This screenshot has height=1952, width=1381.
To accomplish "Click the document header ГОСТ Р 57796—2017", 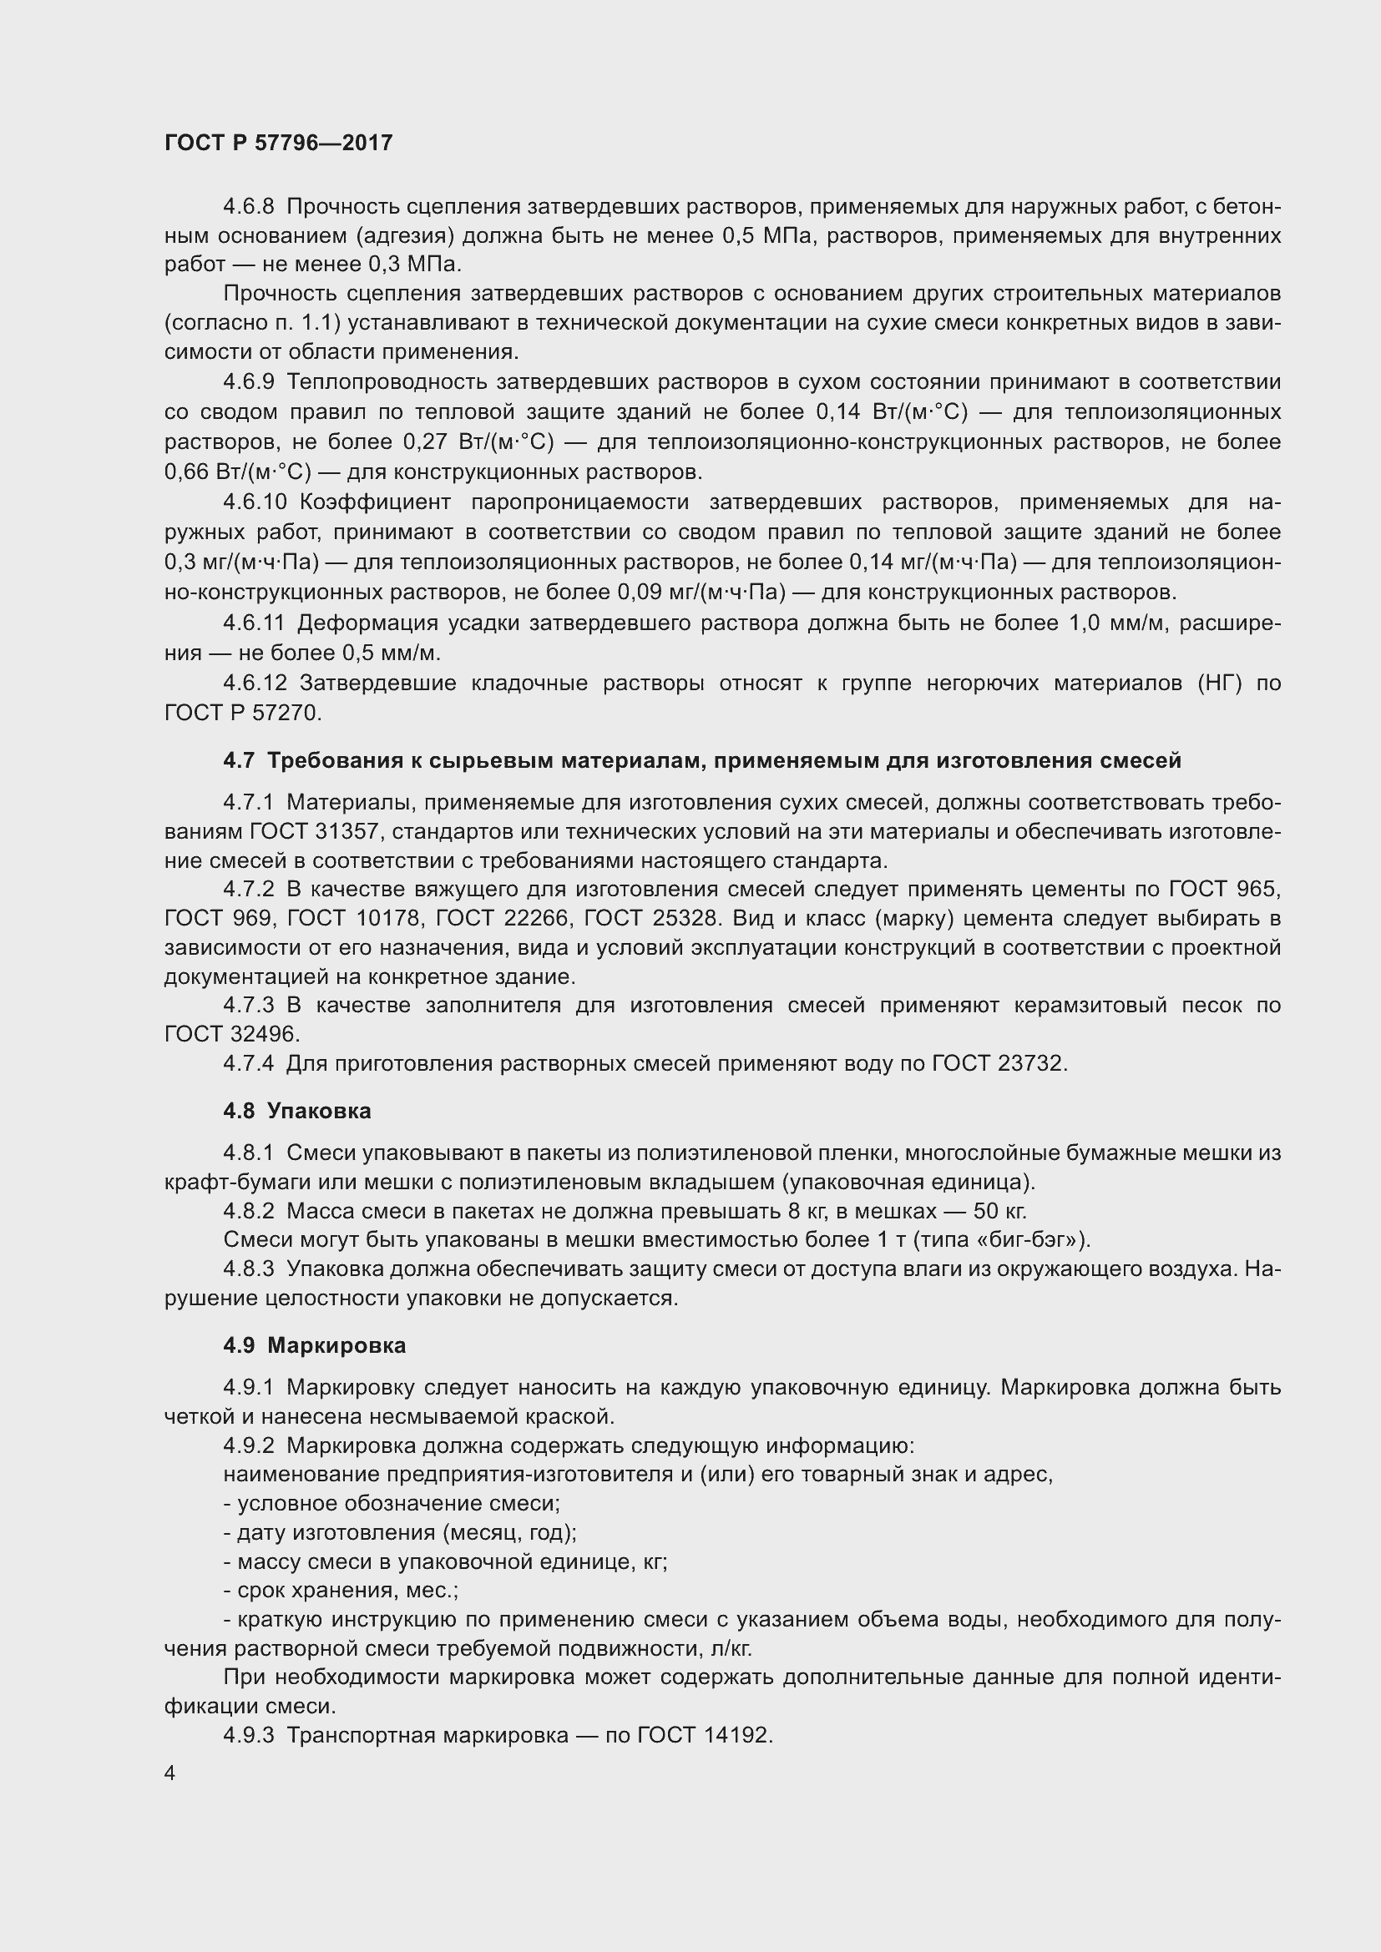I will coord(278,143).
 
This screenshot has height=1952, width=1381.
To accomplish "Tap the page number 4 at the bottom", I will coord(170,1773).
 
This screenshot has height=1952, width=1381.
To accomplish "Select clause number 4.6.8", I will coord(248,207).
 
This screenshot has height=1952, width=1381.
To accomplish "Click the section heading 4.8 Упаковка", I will coord(296,1111).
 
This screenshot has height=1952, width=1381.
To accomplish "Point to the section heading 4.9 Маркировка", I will coord(314,1345).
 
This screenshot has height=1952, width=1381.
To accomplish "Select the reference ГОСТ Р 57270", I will coord(242,714).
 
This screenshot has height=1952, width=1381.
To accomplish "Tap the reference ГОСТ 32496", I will coord(231,1035).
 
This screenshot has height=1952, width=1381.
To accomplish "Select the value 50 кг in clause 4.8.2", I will coord(999,1211).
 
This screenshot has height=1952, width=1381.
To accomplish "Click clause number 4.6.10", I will coord(255,502).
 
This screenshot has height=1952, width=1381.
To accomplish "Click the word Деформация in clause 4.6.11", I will coord(365,623).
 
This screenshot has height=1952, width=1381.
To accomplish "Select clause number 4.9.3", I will coord(248,1735).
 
